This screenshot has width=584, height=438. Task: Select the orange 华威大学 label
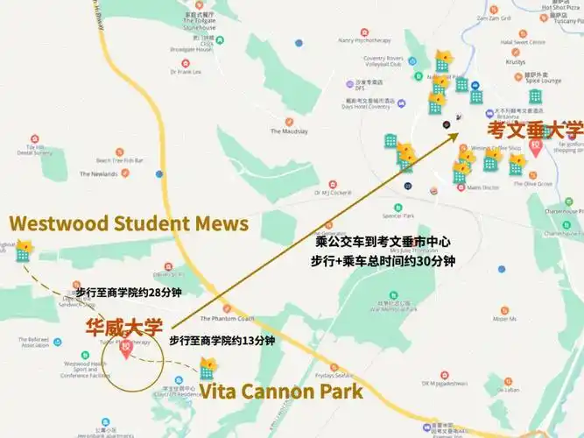click(123, 328)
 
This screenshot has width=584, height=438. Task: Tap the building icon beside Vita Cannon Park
click(207, 370)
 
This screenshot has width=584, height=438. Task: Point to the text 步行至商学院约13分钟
click(222, 341)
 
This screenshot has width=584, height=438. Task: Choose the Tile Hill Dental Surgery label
click(34, 151)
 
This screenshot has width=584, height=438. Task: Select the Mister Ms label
click(504, 319)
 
